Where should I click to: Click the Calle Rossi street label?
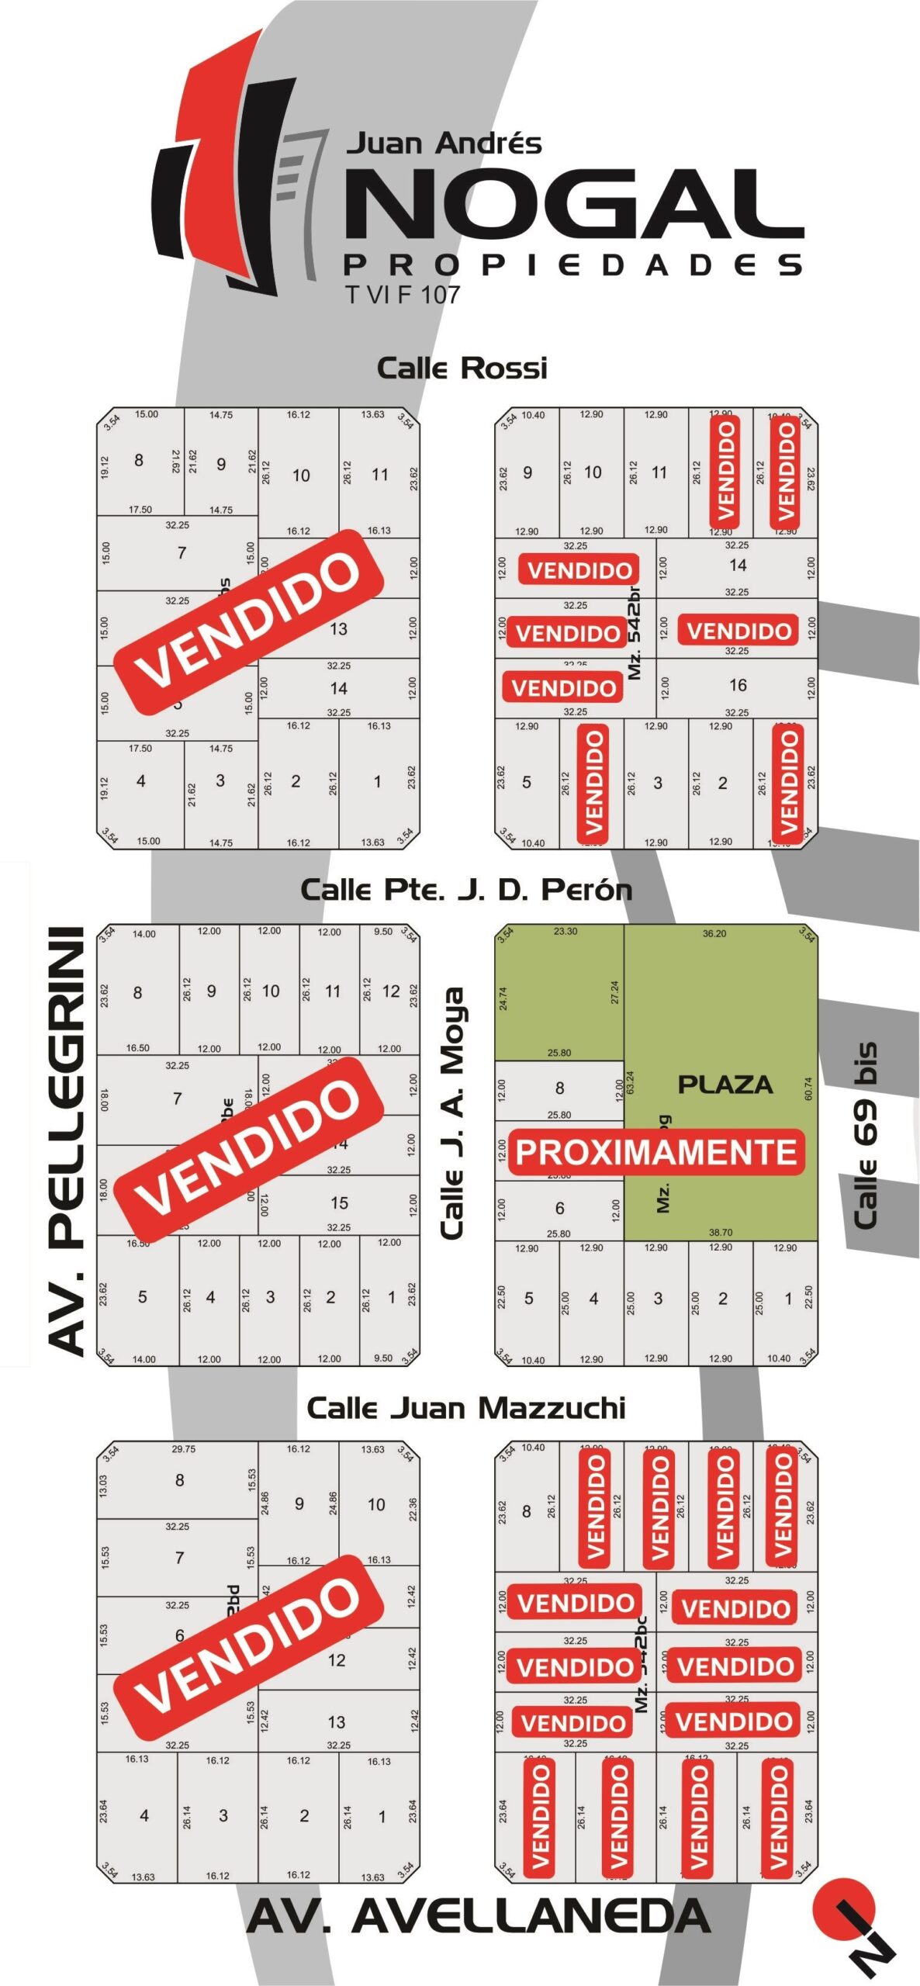462,368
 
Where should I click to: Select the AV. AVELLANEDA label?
479,1917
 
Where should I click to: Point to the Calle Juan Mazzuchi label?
465,1408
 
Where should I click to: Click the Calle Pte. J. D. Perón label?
465,889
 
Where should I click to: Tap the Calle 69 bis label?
866,1136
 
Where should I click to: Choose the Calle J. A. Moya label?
452,1112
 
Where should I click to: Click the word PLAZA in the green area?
725,1085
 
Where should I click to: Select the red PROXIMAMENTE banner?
656,1152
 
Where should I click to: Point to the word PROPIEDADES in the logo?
572,265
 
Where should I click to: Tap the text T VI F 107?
403,295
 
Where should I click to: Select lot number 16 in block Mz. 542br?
738,685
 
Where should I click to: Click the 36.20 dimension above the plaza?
714,933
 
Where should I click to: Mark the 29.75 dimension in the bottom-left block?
184,1448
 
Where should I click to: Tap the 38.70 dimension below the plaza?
721,1232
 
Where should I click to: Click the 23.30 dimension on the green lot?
565,931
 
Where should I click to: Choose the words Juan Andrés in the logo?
444,144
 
